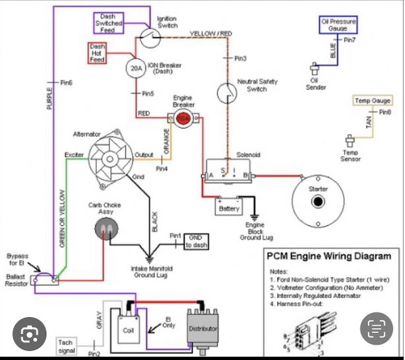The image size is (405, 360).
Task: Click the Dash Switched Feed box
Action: pos(108,24)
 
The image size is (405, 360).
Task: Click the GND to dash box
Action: pos(197,241)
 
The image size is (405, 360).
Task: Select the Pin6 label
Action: pos(66,83)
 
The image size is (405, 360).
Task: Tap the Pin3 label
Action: pos(241,59)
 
